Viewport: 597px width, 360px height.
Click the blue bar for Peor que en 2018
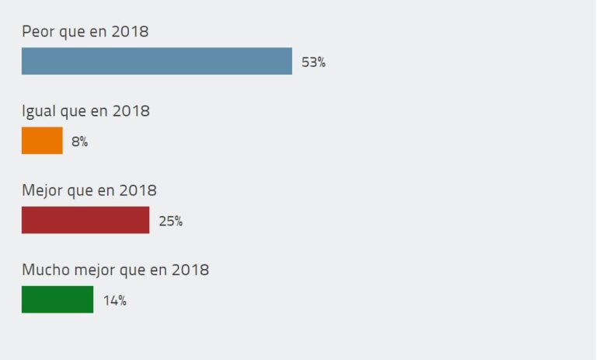[156, 61]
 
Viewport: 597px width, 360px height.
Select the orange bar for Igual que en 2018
[42, 141]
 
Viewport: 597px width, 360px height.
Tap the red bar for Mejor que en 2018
[86, 220]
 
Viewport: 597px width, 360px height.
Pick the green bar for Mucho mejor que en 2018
[58, 299]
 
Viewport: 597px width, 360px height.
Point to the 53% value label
[313, 62]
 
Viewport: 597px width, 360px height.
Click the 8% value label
[79, 142]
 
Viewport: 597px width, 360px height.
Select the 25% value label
[170, 221]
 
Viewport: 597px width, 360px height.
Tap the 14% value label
[114, 300]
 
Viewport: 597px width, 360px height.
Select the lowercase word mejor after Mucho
[93, 270]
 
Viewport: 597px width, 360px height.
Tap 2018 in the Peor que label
[129, 32]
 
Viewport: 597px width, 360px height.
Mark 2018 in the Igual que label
[131, 111]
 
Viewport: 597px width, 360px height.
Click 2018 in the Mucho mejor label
[190, 270]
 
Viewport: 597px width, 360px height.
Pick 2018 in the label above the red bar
[138, 190]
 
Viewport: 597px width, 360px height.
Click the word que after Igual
[74, 112]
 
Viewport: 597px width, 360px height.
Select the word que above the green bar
[133, 271]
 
